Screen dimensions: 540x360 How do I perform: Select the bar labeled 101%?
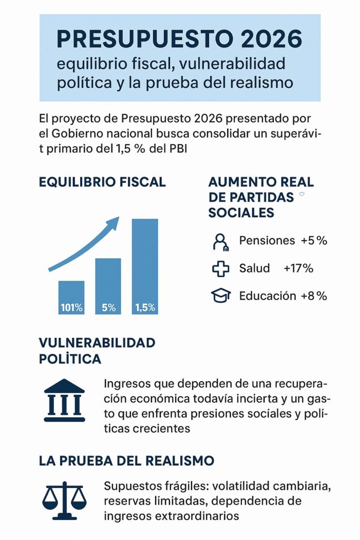[71, 297]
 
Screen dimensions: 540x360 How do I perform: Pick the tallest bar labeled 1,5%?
[145, 266]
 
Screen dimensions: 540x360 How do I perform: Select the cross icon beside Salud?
[220, 268]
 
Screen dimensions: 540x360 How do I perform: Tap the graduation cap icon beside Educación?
[220, 296]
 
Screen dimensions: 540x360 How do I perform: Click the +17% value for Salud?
[298, 268]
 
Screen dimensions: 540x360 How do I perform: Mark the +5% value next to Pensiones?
[314, 240]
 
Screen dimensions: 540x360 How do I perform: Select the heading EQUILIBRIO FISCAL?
[102, 182]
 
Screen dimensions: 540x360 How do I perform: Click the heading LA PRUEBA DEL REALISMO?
[127, 460]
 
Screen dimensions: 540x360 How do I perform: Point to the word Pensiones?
[267, 240]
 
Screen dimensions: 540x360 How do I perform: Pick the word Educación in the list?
[267, 295]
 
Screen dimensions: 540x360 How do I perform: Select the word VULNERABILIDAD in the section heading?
[97, 343]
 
